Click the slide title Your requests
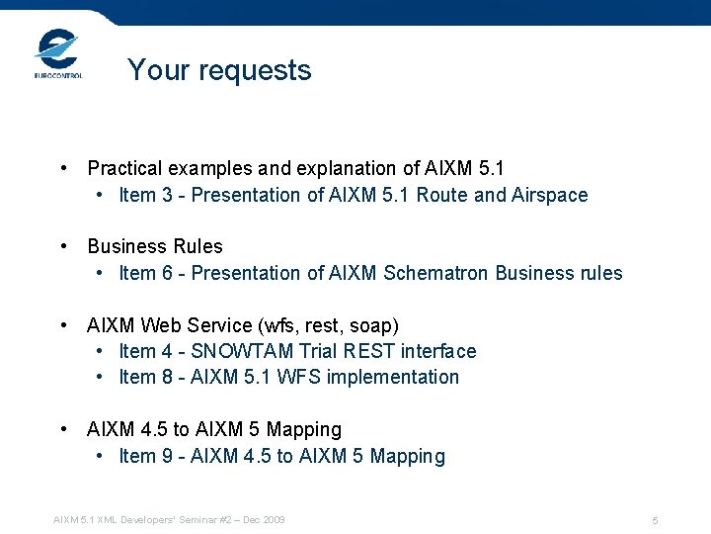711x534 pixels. [x=219, y=70]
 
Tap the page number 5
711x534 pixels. [x=655, y=520]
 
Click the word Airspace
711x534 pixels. [x=550, y=195]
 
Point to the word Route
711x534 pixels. [x=442, y=195]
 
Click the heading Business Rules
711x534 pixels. [x=155, y=246]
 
